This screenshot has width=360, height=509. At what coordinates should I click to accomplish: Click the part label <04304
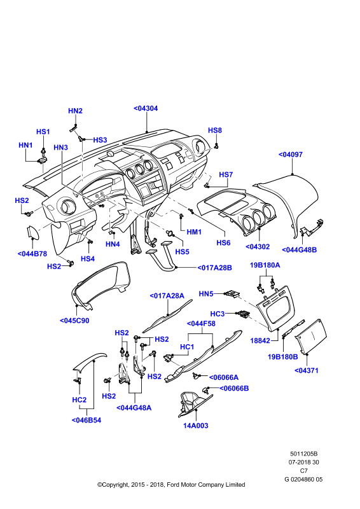tap(146, 108)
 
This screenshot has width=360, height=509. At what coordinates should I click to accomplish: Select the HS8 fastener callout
tap(215, 130)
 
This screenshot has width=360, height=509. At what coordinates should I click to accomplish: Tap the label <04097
tap(291, 155)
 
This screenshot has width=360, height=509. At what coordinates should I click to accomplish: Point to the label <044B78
tap(32, 254)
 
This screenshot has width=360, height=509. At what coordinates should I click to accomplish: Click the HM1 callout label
tap(194, 232)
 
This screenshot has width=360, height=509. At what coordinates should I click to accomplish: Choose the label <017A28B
tap(214, 268)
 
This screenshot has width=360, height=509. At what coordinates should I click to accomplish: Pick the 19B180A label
tap(265, 265)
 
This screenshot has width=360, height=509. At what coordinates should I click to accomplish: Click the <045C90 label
tap(74, 321)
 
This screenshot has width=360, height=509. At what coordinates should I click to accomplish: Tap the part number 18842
tap(260, 340)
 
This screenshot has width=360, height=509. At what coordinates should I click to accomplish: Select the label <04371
tap(307, 370)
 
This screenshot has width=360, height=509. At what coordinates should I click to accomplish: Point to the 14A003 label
tap(196, 426)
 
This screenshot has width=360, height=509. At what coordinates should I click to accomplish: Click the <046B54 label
tap(87, 420)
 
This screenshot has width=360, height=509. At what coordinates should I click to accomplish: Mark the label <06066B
tap(234, 388)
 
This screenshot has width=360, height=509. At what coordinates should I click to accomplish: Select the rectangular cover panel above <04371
tap(310, 337)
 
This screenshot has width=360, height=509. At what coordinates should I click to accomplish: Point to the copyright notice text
tap(171, 485)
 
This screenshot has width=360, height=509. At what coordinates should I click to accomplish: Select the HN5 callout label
tap(206, 294)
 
